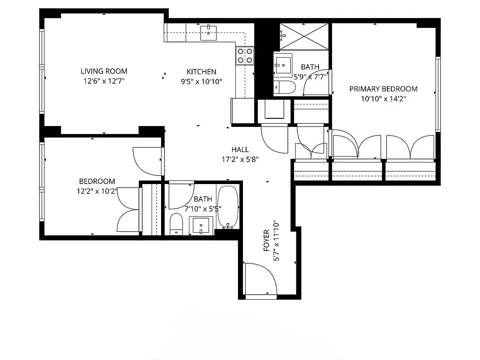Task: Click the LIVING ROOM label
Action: (x=103, y=71)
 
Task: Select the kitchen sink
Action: (x=208, y=32)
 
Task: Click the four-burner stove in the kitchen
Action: (x=245, y=55)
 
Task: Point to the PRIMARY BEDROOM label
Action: (x=383, y=89)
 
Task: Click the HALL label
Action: (x=240, y=149)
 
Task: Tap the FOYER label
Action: (x=266, y=241)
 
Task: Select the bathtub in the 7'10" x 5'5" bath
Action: (x=228, y=207)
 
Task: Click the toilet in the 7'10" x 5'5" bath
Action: (x=176, y=224)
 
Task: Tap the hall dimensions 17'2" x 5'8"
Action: (x=240, y=159)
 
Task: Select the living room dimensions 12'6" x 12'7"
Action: (x=103, y=81)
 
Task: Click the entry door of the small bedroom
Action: (x=148, y=161)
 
